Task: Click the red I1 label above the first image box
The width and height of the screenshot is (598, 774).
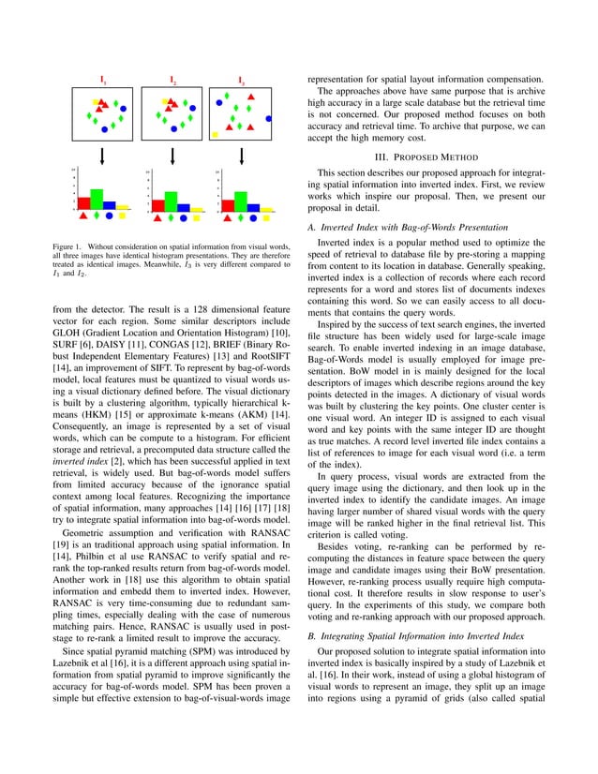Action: coord(103,82)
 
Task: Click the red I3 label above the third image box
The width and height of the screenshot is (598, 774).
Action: coord(242,82)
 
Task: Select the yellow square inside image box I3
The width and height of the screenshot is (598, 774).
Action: coord(215,134)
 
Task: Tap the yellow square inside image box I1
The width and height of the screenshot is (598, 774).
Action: coord(97,98)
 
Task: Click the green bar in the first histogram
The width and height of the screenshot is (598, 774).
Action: coord(97,199)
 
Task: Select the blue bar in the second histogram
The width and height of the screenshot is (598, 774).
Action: coord(184,204)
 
